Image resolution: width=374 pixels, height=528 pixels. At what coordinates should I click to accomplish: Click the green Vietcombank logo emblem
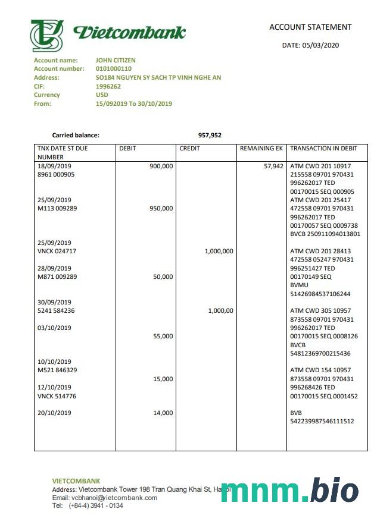pyautogui.click(x=47, y=35)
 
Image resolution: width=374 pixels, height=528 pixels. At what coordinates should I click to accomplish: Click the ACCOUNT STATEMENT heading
pyautogui.click(x=310, y=27)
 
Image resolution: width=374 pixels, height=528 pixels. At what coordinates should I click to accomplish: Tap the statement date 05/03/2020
pyautogui.click(x=310, y=45)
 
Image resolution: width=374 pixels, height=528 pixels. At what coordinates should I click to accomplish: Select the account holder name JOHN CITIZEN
pyautogui.click(x=116, y=60)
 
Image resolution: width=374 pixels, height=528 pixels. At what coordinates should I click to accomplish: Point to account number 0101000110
pyautogui.click(x=115, y=69)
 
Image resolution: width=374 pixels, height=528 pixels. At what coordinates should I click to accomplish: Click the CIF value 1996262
pyautogui.click(x=108, y=86)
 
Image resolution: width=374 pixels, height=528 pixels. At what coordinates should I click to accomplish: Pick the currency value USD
pyautogui.click(x=102, y=95)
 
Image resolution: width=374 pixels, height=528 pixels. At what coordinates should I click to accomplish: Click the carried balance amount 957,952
pyautogui.click(x=210, y=135)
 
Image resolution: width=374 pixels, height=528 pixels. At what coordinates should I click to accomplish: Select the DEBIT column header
pyautogui.click(x=128, y=149)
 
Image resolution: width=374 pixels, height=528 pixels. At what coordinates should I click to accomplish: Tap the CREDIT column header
pyautogui.click(x=189, y=149)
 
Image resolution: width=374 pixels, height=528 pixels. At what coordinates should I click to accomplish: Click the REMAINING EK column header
pyautogui.click(x=261, y=149)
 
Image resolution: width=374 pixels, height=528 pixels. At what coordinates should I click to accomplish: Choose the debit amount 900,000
pyautogui.click(x=161, y=166)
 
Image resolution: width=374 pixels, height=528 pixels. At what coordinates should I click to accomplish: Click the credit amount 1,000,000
pyautogui.click(x=219, y=252)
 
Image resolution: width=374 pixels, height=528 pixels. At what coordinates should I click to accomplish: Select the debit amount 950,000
pyautogui.click(x=161, y=209)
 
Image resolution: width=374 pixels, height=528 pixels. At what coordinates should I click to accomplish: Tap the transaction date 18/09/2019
pyautogui.click(x=54, y=166)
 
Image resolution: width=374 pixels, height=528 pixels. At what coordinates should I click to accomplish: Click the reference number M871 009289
pyautogui.click(x=57, y=277)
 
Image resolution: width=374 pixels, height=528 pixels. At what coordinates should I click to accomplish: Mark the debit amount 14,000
pyautogui.click(x=163, y=413)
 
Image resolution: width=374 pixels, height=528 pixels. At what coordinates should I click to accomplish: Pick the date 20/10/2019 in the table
pyautogui.click(x=54, y=413)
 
